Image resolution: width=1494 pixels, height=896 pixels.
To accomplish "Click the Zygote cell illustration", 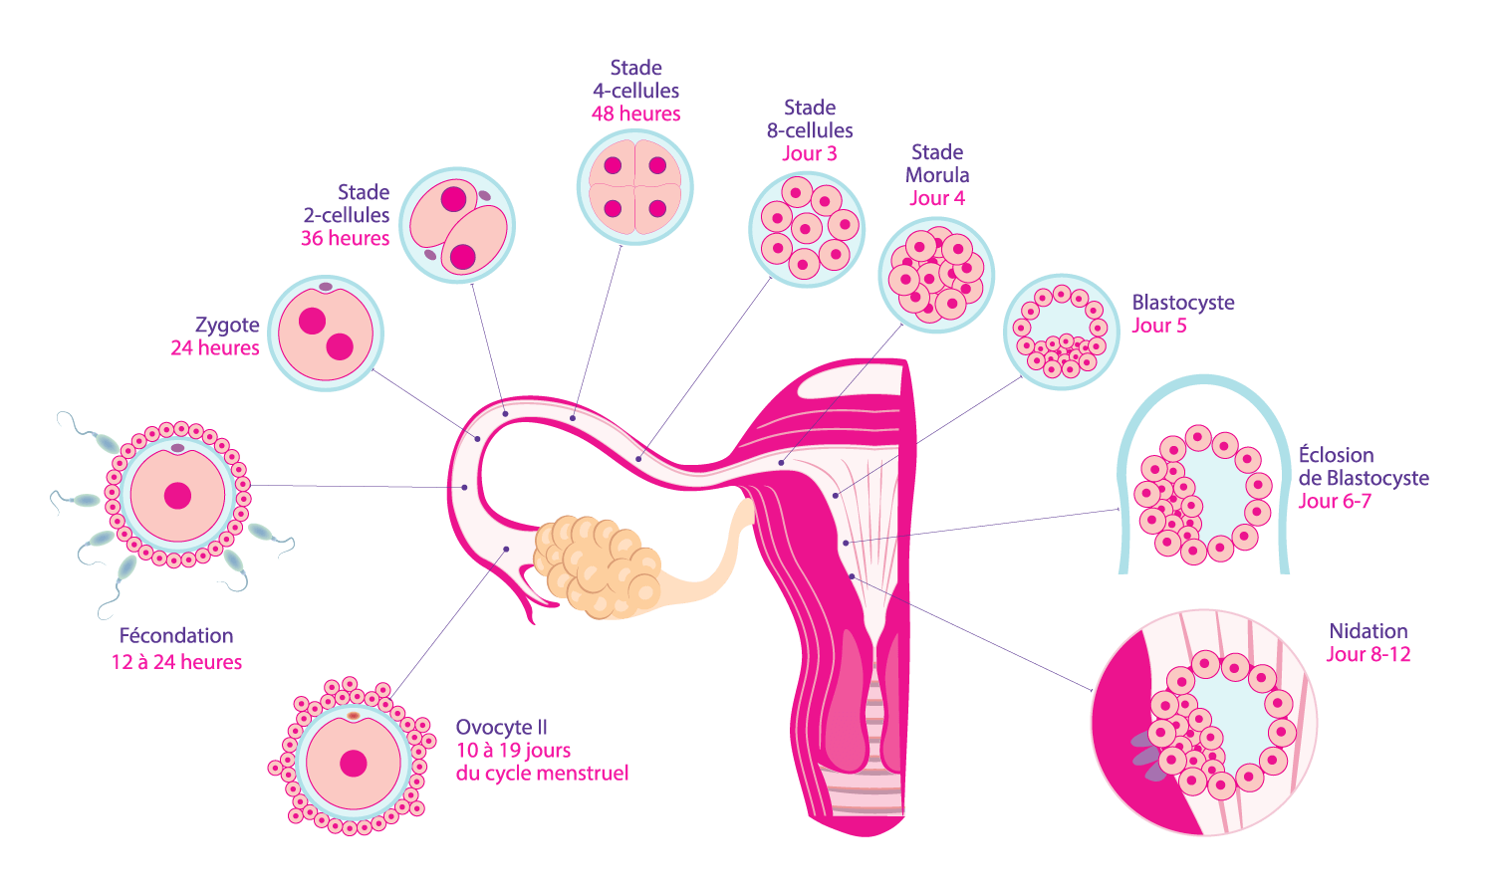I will click(326, 334).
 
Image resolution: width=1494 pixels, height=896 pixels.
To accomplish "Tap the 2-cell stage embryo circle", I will click(457, 225).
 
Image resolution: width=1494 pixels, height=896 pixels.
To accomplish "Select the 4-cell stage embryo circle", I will click(635, 187).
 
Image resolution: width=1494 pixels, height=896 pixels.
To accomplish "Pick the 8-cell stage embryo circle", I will click(807, 229).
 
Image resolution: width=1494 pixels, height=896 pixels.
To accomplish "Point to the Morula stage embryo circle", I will click(936, 275).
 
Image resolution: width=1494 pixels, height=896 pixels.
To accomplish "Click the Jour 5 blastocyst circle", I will click(1062, 332).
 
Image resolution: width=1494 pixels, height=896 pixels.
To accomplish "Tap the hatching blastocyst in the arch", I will click(1203, 496).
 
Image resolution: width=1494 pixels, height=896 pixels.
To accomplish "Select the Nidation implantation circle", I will click(1205, 723).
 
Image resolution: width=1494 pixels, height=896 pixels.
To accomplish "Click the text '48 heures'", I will click(635, 114).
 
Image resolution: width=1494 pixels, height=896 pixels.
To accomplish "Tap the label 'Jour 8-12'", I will click(1369, 655).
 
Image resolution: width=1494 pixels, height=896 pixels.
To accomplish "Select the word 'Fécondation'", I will click(176, 636).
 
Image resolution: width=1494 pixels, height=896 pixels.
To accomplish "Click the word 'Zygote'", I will click(227, 326).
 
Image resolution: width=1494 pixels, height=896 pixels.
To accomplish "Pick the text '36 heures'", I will click(345, 239).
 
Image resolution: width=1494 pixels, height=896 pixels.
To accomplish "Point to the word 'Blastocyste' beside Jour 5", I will click(1183, 303).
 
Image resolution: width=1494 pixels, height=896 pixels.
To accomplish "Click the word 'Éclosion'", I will click(1336, 456).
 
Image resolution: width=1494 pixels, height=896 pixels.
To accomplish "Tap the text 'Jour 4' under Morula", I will click(937, 198).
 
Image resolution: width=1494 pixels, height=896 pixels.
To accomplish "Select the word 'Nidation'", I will click(1369, 631).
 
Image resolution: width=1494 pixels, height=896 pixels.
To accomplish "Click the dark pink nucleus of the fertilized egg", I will click(178, 495).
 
